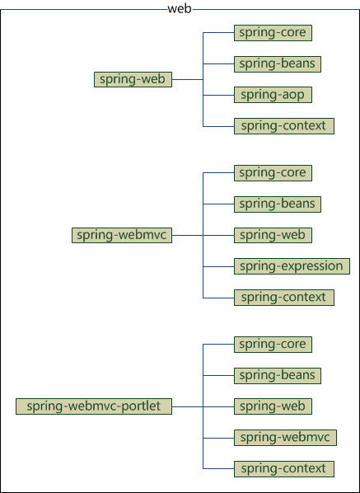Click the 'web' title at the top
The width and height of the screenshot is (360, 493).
tap(180, 8)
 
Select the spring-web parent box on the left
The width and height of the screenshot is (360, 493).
tap(133, 79)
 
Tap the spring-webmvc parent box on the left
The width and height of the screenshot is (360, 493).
tap(122, 235)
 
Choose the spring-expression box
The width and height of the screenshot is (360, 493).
tap(292, 266)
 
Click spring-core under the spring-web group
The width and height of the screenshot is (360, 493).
tap(273, 33)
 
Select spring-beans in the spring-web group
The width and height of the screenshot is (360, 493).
tap(277, 63)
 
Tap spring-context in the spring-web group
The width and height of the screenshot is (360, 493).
tap(284, 126)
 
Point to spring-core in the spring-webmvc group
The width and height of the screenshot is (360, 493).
tap(273, 173)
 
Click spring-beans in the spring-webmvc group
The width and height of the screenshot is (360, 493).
tap(277, 204)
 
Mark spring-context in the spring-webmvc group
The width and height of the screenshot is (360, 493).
tap(284, 297)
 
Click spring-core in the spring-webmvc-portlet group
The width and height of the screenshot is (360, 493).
tap(273, 344)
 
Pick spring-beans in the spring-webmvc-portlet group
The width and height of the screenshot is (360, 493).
tap(277, 375)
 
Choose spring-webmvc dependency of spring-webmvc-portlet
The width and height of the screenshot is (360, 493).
tap(286, 437)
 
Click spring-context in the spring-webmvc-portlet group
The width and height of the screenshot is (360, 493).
tap(284, 468)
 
